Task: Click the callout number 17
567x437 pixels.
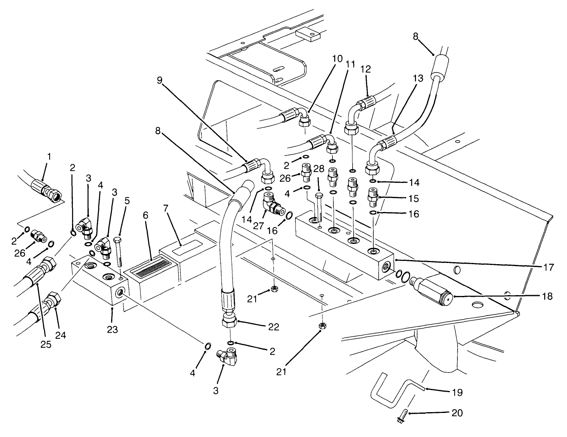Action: (549, 267)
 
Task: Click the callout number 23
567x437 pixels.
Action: (112, 329)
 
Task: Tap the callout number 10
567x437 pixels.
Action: (337, 58)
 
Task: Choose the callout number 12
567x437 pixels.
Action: (366, 69)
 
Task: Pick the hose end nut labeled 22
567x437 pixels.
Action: (230, 321)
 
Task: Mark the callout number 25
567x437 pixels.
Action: (46, 344)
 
